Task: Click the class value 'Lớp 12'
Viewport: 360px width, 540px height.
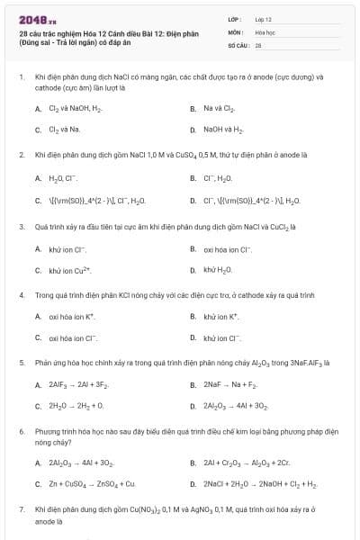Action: click(x=264, y=18)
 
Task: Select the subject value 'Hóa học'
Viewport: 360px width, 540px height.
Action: click(x=265, y=31)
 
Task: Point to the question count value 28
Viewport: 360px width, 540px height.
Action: click(x=258, y=44)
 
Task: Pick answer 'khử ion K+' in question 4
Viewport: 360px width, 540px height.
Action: click(x=221, y=317)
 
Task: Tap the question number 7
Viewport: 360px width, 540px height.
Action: click(x=22, y=510)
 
